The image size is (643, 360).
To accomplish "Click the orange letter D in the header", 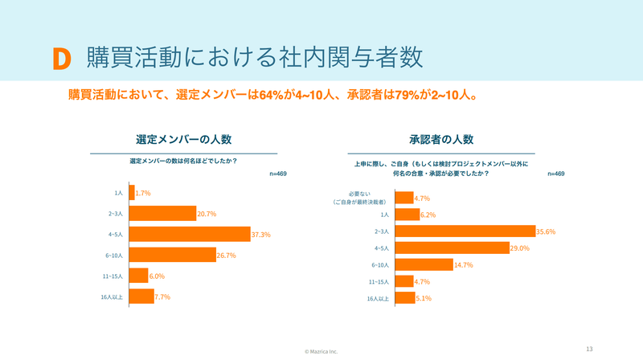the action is (x=62, y=59).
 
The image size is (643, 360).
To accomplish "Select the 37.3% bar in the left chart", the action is (x=190, y=234).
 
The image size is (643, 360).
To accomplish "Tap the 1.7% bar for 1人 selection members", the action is (x=132, y=193).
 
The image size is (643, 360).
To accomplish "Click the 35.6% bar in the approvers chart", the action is (x=465, y=231).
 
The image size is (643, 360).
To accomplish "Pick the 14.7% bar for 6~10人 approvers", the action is (x=424, y=265).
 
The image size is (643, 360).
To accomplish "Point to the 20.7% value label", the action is (x=207, y=214).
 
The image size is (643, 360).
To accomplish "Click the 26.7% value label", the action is (x=227, y=256).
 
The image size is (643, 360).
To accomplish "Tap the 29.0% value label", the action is (x=519, y=248).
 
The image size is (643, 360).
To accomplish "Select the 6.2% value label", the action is (x=428, y=215).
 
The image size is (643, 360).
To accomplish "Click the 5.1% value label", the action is (x=424, y=298).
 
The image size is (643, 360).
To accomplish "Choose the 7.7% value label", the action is (x=162, y=297).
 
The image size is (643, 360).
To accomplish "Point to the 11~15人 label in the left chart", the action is (x=113, y=276).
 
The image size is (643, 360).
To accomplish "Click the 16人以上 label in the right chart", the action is (x=378, y=299).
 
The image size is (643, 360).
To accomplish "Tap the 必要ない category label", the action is (x=359, y=194).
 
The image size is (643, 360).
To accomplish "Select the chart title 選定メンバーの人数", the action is (x=184, y=139).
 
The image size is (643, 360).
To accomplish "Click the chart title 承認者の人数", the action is (x=441, y=139).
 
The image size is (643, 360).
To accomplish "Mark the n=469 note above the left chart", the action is (x=278, y=174).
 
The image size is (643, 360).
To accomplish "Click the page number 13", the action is (x=589, y=349).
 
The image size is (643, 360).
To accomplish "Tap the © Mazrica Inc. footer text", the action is (x=321, y=351).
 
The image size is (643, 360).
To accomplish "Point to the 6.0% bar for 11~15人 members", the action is (x=138, y=276).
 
